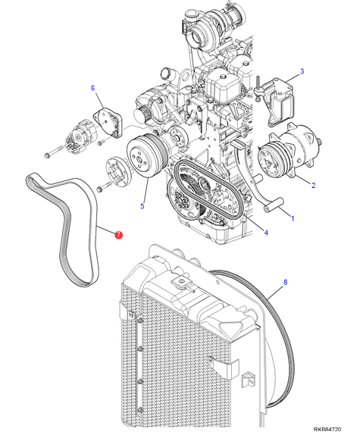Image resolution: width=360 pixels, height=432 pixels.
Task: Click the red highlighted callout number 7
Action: pyautogui.click(x=118, y=235)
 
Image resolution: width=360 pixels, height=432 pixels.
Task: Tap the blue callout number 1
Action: pyautogui.click(x=293, y=218)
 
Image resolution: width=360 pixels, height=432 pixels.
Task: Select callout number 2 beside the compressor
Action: pyautogui.click(x=313, y=185)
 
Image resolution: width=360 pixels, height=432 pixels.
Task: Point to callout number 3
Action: pyautogui.click(x=302, y=71)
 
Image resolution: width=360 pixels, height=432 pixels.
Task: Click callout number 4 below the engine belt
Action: pyautogui.click(x=266, y=233)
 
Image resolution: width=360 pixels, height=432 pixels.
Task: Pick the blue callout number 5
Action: pyautogui.click(x=142, y=206)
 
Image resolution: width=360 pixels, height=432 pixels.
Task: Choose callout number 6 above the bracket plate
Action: pyautogui.click(x=92, y=88)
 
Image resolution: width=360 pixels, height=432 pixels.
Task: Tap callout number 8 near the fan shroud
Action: pyautogui.click(x=286, y=282)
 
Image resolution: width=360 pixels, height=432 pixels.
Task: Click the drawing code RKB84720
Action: pyautogui.click(x=327, y=429)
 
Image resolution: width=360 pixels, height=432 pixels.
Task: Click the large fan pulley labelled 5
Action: pyautogui.click(x=146, y=156)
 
